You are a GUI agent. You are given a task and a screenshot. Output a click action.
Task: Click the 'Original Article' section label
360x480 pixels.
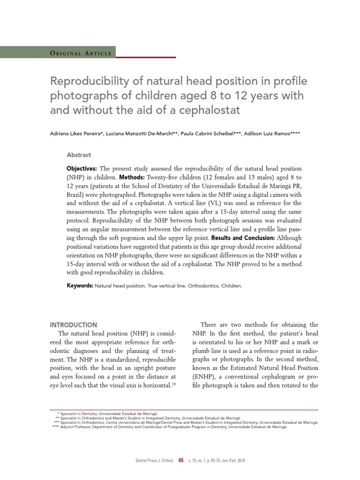pyautogui.click(x=80, y=53)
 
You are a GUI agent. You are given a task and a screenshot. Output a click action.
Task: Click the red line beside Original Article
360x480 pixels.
pyautogui.click(x=146, y=57)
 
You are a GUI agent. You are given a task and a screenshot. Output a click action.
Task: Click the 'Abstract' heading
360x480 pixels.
pyautogui.click(x=79, y=155)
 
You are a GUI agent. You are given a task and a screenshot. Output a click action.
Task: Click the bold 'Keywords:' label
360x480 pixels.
pyautogui.click(x=80, y=285)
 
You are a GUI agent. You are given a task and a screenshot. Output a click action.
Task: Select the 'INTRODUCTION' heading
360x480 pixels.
pyautogui.click(x=74, y=325)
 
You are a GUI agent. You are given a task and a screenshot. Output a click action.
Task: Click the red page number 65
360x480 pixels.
pyautogui.click(x=181, y=461)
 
